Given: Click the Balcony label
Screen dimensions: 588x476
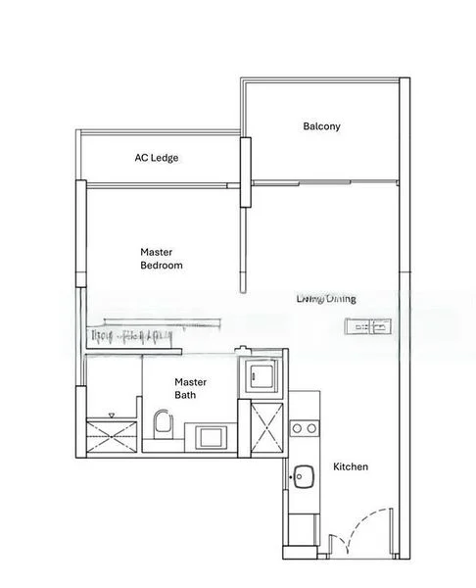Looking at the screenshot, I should pyautogui.click(x=321, y=126).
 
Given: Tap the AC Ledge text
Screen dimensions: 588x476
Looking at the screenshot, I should pyautogui.click(x=157, y=158).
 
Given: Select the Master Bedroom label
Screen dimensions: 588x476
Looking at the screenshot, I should pyautogui.click(x=162, y=259).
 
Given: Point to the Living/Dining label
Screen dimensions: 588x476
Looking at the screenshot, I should pyautogui.click(x=326, y=299).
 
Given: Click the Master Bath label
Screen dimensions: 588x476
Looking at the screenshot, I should pyautogui.click(x=185, y=388).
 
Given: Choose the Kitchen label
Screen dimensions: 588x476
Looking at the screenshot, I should pyautogui.click(x=351, y=466).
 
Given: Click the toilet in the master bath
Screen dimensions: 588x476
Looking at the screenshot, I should pyautogui.click(x=163, y=424).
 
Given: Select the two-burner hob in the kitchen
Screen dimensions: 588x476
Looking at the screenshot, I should pyautogui.click(x=304, y=427).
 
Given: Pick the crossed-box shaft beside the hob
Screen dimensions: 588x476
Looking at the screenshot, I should pyautogui.click(x=263, y=424).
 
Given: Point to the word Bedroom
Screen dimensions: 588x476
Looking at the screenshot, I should pyautogui.click(x=162, y=266).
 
